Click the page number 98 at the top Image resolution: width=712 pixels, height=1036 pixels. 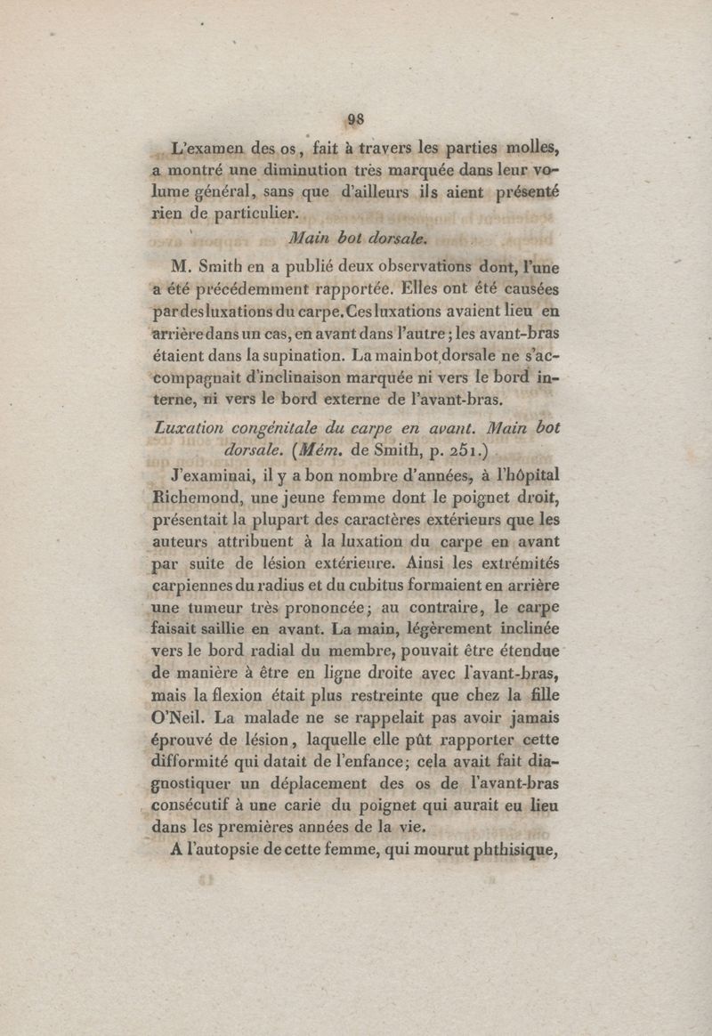point(356,119)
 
